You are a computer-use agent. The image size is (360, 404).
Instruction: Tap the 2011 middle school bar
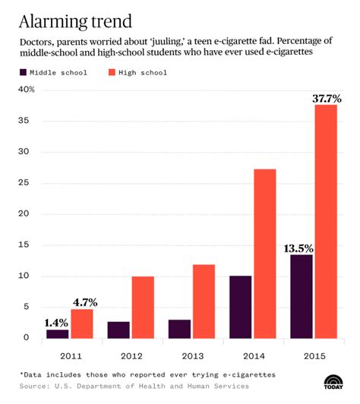coord(57,333)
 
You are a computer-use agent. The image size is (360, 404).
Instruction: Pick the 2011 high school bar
coord(81,323)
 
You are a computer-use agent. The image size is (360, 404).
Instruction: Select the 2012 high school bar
coord(142,307)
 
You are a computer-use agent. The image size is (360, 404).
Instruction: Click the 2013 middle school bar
coord(179,328)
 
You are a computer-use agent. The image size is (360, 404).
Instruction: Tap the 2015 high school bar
coord(326,221)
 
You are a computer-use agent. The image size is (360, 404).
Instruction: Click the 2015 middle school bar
coord(301,295)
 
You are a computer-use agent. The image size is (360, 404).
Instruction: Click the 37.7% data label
coord(326,99)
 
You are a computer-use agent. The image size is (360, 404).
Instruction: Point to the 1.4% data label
coord(57,323)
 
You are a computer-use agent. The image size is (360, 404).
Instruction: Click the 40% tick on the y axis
coord(27,90)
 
